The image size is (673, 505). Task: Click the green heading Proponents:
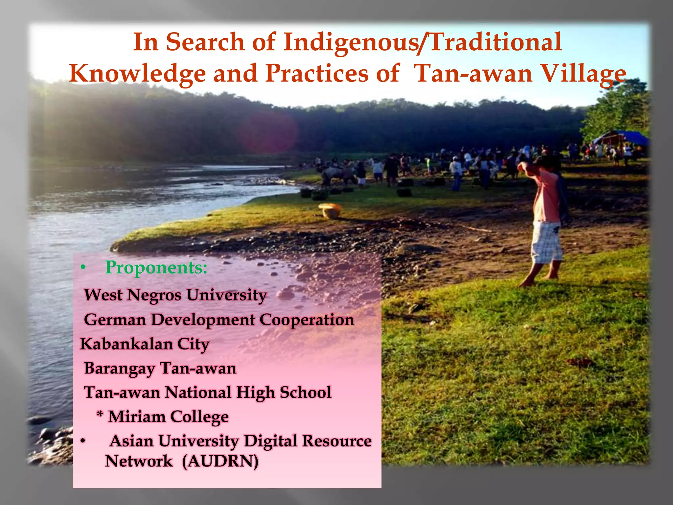point(156,268)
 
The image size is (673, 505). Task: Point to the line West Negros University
point(175,295)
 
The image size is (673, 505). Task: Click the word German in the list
point(115,320)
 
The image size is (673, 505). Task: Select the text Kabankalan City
point(145,344)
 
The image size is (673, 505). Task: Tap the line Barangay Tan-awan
point(160,369)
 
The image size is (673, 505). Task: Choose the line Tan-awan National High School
point(208,393)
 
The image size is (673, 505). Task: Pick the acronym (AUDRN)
point(220,461)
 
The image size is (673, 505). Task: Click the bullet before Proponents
point(83,268)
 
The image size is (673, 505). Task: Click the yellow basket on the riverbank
point(330,210)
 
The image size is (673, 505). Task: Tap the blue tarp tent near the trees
point(621,137)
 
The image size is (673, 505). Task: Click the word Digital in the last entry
point(270,441)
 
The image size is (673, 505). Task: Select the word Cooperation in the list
point(307,320)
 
